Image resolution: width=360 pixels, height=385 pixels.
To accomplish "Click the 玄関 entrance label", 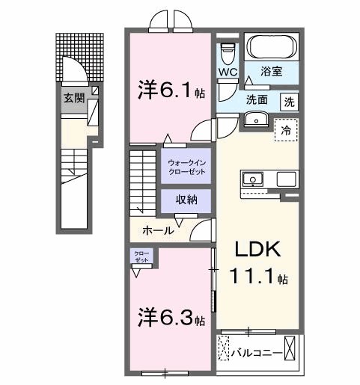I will tap(73, 97).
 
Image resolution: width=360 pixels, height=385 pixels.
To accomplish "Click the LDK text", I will tap(259, 249).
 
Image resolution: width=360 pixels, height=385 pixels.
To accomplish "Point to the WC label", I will tap(228, 73).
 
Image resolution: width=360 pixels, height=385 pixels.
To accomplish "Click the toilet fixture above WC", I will tap(229, 52).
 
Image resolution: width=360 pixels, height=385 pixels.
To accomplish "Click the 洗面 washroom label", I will tap(257, 100).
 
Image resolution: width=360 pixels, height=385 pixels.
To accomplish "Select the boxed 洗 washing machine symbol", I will tap(288, 101).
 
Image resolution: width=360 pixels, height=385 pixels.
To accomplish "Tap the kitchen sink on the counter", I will tap(252, 179).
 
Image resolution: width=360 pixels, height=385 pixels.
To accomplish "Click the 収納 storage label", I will tap(186, 200).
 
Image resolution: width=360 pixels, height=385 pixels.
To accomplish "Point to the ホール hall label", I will tap(159, 230).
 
